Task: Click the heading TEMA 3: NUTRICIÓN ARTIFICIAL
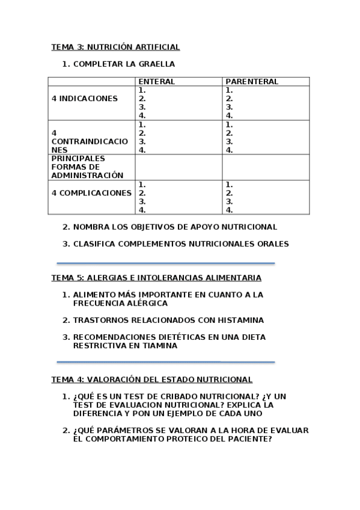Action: pyautogui.click(x=115, y=47)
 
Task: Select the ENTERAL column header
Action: pyautogui.click(x=156, y=82)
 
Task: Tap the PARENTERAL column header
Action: pyautogui.click(x=251, y=82)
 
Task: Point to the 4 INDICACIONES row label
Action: pyautogui.click(x=85, y=99)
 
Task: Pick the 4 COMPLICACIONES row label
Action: pyautogui.click(x=91, y=193)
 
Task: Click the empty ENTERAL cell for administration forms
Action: pyautogui.click(x=178, y=167)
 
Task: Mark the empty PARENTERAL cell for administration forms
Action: pyautogui.click(x=265, y=167)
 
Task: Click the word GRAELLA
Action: pyautogui.click(x=155, y=64)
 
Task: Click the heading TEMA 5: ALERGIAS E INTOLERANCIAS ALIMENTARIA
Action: pyautogui.click(x=156, y=278)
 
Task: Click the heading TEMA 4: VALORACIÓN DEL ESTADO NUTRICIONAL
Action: pyautogui.click(x=151, y=379)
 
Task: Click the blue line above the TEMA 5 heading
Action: pyautogui.click(x=165, y=263)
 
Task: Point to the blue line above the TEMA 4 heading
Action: pyautogui.click(x=165, y=362)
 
